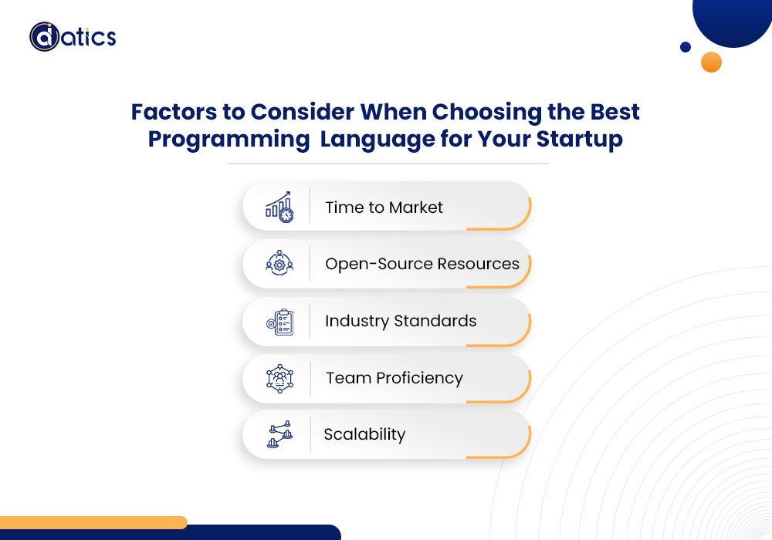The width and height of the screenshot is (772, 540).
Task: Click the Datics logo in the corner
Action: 73,36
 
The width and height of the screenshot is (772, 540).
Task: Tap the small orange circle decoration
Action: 711,62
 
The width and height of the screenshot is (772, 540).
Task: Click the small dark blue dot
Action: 686,47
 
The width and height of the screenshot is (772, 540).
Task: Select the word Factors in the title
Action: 173,112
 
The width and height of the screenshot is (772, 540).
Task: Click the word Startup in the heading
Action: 580,140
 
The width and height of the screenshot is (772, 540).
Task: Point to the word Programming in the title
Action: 229,140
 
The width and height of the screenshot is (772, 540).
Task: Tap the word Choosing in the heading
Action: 487,113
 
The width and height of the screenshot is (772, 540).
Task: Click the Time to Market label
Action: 384,208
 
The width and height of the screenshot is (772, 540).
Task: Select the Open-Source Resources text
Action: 422,264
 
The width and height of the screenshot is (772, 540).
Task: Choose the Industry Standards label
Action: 401,321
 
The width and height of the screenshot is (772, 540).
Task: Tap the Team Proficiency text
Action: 394,378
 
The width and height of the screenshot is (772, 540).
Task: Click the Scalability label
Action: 365,435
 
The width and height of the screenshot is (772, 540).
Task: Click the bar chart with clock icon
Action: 279,207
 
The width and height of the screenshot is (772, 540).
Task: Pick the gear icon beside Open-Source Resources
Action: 279,263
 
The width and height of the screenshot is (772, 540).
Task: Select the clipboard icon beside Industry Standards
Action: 279,322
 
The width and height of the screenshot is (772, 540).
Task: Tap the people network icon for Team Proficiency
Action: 279,378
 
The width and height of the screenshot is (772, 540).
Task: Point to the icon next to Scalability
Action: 279,434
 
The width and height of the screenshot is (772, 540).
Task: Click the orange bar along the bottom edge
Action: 93,521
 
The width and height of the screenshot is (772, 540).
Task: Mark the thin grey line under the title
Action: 388,164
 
